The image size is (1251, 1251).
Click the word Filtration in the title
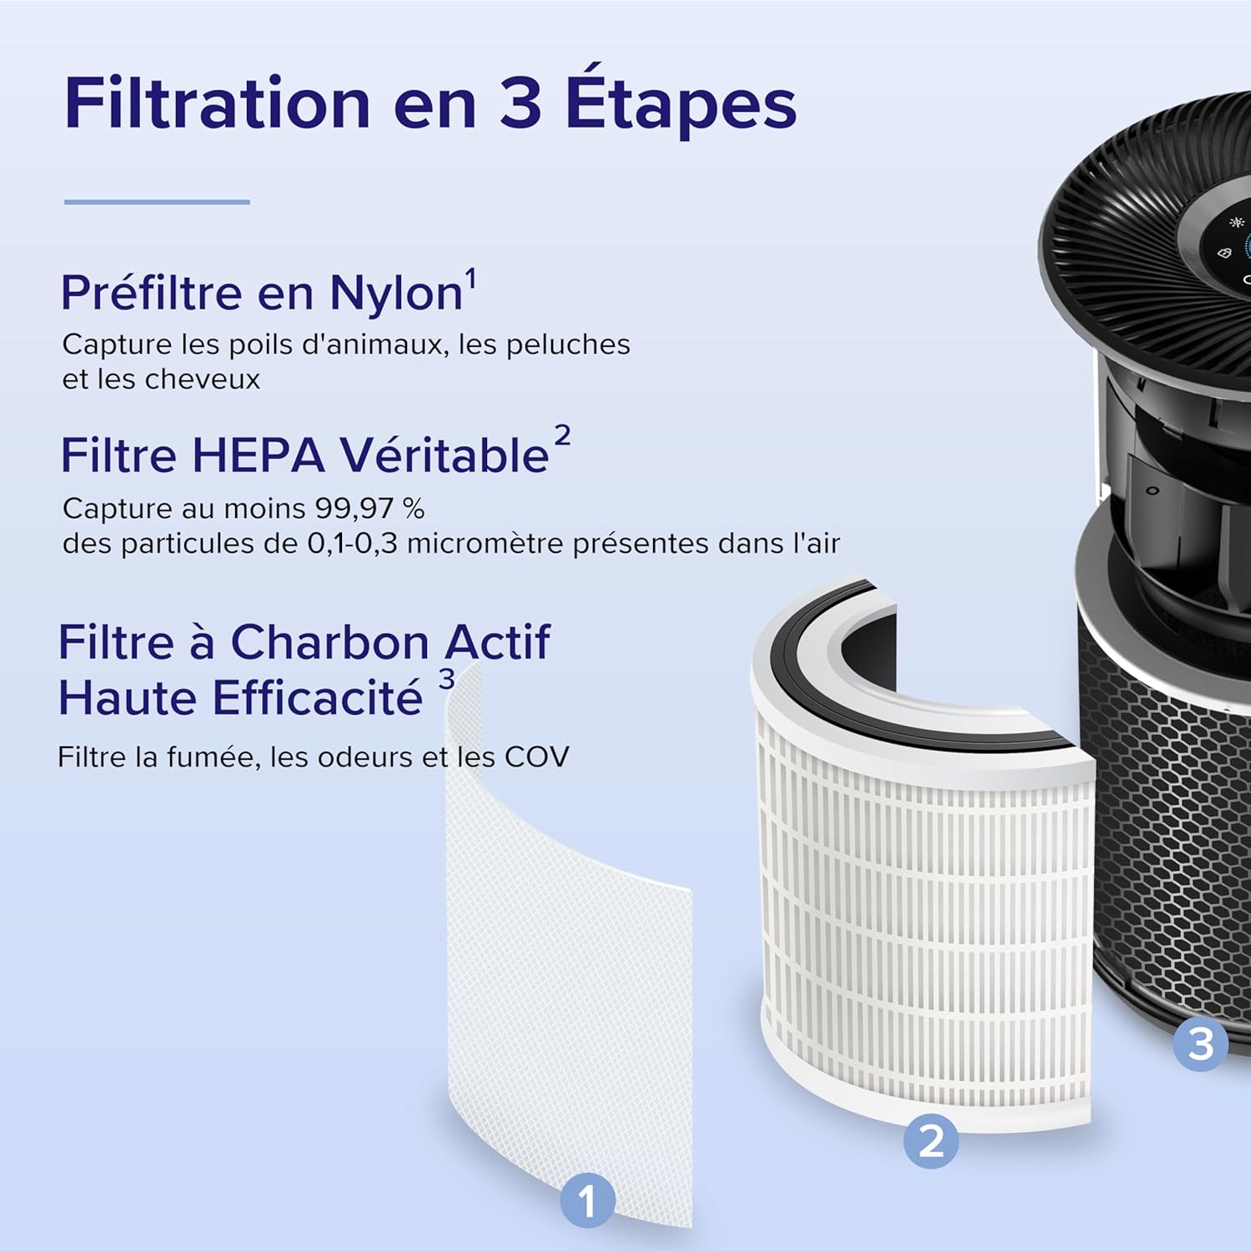(x=217, y=103)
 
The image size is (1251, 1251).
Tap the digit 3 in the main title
(x=520, y=103)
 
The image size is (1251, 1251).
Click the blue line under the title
(x=157, y=202)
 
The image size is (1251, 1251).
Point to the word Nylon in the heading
(x=395, y=294)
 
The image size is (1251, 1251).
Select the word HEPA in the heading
(x=258, y=456)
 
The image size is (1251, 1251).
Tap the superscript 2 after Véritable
(x=563, y=435)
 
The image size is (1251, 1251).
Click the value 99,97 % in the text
(x=369, y=508)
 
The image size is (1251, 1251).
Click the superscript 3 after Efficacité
(x=447, y=680)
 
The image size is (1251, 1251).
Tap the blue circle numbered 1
(x=587, y=1201)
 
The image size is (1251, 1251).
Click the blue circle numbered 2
(x=931, y=1140)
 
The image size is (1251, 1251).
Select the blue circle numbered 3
(x=1200, y=1043)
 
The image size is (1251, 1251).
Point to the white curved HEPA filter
(x=926, y=917)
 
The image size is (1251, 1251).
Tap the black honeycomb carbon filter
(x=1168, y=834)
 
